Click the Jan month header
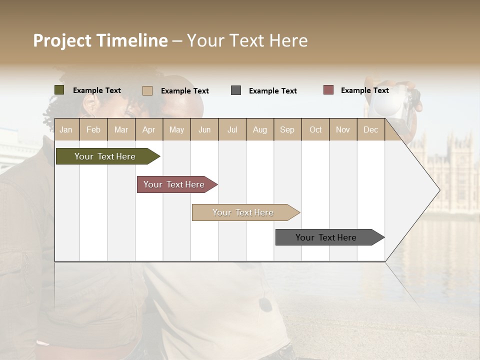tap(66, 129)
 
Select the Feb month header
tap(93, 129)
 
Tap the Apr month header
tap(148, 129)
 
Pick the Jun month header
tap(204, 129)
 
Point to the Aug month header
tap(259, 129)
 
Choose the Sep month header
tap(287, 129)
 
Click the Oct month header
tap(315, 129)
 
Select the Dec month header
tap(370, 129)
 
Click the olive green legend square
tap(59, 90)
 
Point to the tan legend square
tap(147, 90)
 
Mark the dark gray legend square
tap(236, 90)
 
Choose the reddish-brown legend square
tap(328, 90)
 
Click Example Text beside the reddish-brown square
tap(364, 90)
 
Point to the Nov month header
tap(343, 129)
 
